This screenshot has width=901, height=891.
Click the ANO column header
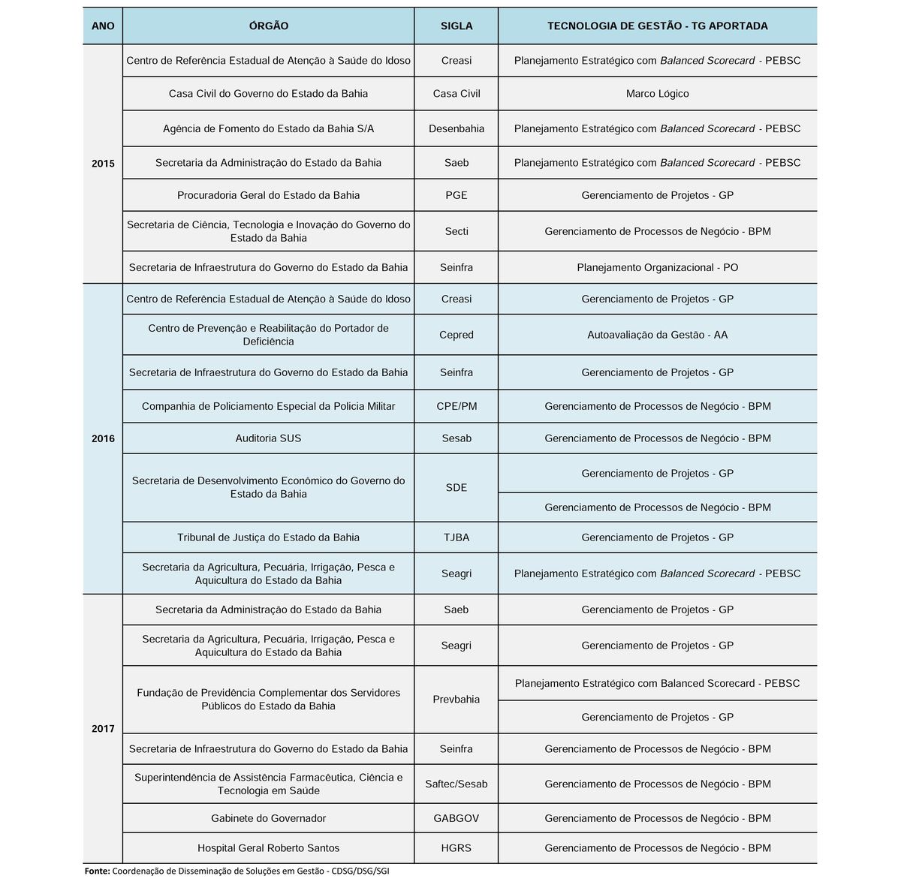coord(103,26)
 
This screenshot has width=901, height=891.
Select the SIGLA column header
coord(457,26)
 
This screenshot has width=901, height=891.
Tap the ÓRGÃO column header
coord(268,26)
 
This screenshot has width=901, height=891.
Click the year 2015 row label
coord(103,164)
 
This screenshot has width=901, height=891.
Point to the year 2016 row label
coord(103,438)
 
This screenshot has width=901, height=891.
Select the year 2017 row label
coord(103,729)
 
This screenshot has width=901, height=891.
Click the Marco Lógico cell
coord(657,94)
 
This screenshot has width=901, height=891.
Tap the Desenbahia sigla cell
coord(457,128)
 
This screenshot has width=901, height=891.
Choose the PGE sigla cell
coord(457,195)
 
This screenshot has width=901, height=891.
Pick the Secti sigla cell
coord(457,231)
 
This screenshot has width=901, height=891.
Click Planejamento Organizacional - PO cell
coord(657,267)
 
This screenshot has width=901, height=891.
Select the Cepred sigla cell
coord(457,335)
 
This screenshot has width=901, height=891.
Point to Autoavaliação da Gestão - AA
coord(657,335)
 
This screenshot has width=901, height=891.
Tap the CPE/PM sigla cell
coord(457,406)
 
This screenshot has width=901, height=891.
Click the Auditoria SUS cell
coord(268,438)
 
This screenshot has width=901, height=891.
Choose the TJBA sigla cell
coord(457,537)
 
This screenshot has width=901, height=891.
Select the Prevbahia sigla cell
coord(457,700)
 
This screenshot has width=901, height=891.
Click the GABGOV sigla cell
coord(457,818)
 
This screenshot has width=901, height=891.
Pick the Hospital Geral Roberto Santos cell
coord(268,848)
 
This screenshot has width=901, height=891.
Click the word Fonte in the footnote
coord(97,871)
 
